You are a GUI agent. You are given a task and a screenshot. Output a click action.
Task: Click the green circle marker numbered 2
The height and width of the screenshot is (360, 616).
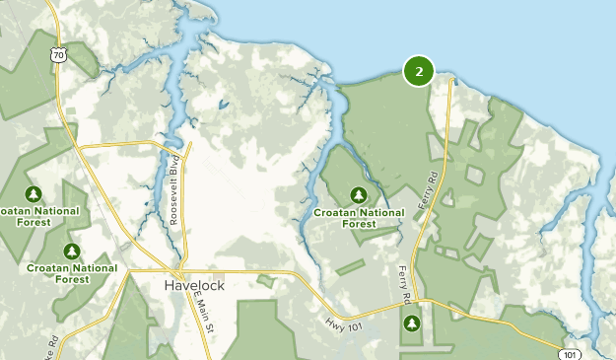coord(419,71)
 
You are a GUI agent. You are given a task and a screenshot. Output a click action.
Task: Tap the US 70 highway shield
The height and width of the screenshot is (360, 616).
coord(60,56)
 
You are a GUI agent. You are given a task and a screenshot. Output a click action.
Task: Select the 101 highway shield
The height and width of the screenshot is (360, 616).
coord(569,352)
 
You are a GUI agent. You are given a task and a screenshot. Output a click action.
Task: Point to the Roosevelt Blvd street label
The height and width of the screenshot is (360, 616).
coord(172,190)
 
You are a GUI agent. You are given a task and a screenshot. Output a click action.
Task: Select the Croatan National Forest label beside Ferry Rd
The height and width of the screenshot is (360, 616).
coord(359,217)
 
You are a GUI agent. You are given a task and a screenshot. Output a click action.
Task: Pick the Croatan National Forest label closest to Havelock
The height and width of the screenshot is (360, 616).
coord(72,273)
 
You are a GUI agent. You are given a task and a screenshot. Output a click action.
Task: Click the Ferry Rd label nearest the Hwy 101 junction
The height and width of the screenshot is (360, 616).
coord(404,283)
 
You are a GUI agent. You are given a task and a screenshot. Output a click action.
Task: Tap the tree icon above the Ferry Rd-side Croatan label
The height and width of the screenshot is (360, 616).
coord(359,194)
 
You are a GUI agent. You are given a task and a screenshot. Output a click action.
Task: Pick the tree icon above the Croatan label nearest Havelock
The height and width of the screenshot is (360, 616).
coord(71,251)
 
